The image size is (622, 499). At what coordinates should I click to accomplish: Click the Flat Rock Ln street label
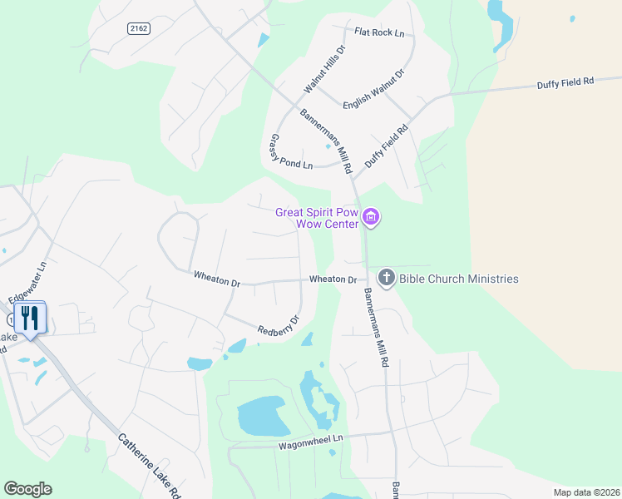pos(378,33)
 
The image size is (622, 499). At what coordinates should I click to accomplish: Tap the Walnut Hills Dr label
pos(323,69)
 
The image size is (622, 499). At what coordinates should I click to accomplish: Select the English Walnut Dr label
pos(373,86)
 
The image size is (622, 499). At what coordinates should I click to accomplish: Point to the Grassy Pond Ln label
pos(290,152)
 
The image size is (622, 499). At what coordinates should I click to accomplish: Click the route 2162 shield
pos(139,28)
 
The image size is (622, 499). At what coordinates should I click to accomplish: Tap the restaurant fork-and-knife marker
pos(30,317)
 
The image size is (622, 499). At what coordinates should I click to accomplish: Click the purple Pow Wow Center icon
pos(372,218)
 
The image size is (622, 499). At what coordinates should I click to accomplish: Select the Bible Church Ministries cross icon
pos(386,279)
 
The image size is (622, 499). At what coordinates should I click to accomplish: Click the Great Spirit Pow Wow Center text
pos(317,217)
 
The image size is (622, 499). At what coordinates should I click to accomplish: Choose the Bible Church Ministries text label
pos(458,279)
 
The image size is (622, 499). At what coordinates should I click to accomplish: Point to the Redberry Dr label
pos(278,324)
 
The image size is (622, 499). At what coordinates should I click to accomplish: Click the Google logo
pos(27,489)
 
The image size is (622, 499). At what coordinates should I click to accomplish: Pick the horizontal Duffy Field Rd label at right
pos(565,82)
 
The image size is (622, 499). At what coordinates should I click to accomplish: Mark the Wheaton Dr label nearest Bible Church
pos(333,279)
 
